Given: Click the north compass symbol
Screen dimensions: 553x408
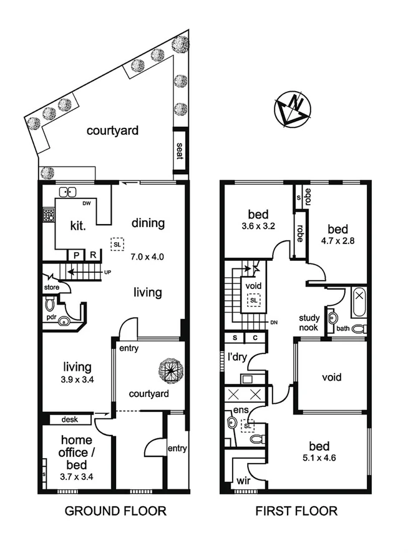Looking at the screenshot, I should coord(292,109).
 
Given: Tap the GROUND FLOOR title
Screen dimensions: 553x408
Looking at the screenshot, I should coord(116,512).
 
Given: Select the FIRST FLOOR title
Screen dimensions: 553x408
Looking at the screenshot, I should coord(297,512).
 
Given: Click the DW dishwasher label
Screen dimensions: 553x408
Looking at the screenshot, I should coord(87,203).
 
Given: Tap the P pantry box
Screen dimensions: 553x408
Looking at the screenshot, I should coord(77,255).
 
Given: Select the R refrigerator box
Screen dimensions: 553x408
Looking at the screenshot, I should coord(92,255).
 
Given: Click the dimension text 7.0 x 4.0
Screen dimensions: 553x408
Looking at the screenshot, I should coord(147,256).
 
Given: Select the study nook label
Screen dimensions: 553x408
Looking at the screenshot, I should coord(309,322).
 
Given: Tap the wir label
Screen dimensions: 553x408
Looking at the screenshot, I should coord(243,481).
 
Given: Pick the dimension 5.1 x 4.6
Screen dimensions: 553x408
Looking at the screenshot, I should coord(319,461).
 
